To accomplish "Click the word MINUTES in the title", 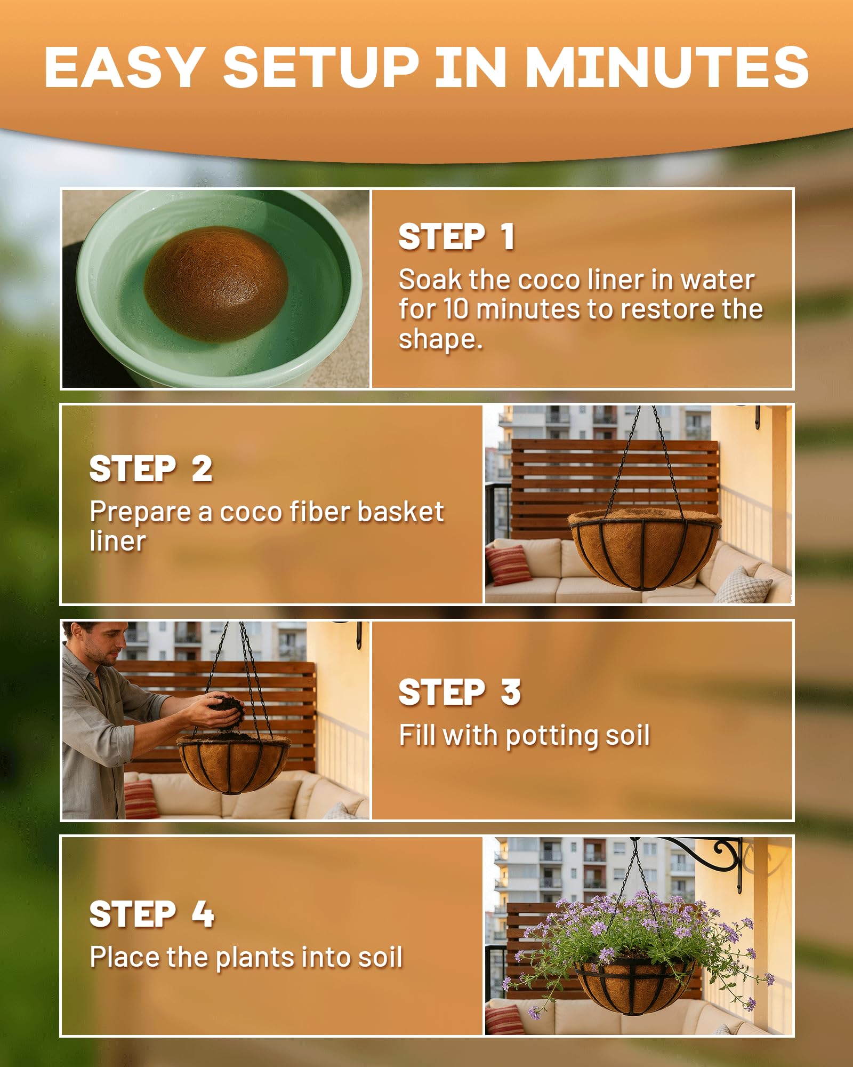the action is (667, 67).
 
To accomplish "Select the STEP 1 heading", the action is (457, 237).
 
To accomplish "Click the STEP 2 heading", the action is (151, 469).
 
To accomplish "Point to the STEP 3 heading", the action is (460, 692).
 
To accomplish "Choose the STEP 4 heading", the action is (152, 914).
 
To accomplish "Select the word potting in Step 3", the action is (552, 737).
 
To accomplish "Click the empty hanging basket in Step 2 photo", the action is (644, 550).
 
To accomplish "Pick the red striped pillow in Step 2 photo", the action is (508, 565).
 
